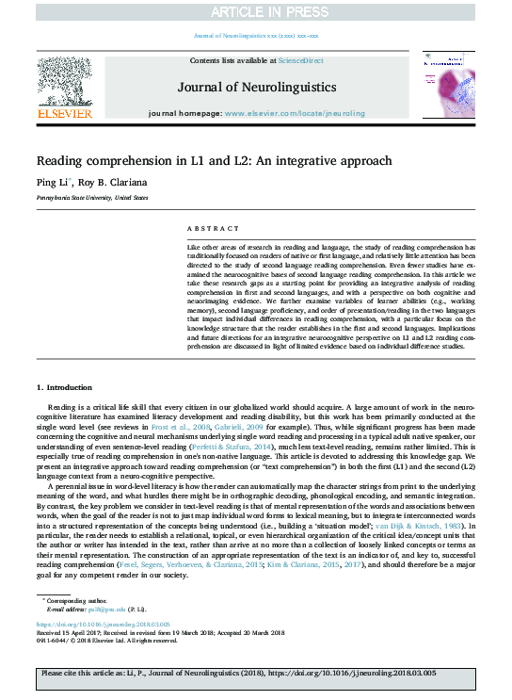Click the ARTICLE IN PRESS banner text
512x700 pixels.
pyautogui.click(x=256, y=12)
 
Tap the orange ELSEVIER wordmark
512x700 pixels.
pyautogui.click(x=64, y=114)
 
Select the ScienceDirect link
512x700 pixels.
pyautogui.click(x=300, y=60)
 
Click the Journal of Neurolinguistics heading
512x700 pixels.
pyautogui.click(x=255, y=87)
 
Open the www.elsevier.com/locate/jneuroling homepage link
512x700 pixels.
pyautogui.click(x=293, y=113)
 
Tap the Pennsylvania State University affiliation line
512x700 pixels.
pyautogui.click(x=92, y=199)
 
